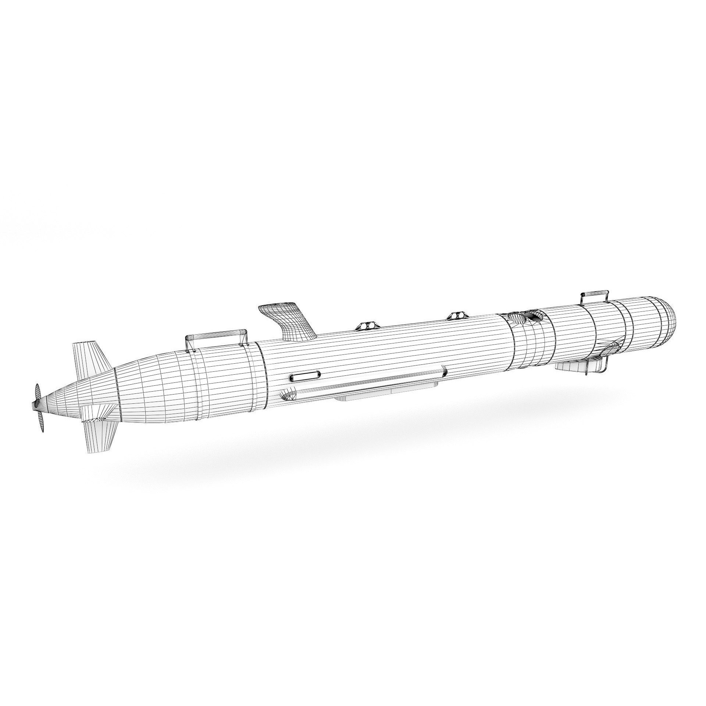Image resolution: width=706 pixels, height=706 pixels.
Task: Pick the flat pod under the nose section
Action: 570,366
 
